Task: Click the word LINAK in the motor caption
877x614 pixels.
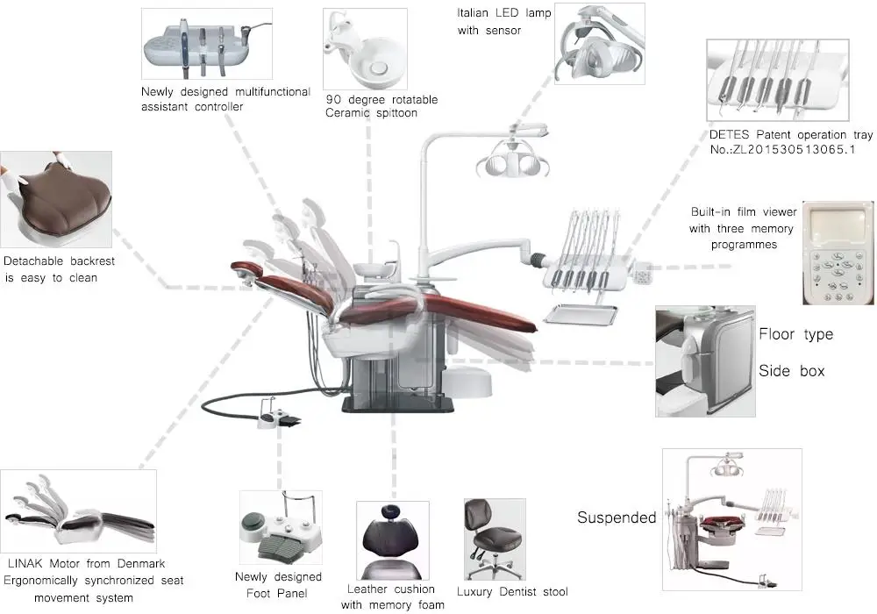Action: tap(27, 563)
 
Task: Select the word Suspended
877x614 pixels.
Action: tap(616, 518)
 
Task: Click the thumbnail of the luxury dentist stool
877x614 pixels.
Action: tap(494, 539)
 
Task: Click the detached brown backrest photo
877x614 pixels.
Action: tap(55, 199)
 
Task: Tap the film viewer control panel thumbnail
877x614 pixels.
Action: tap(839, 253)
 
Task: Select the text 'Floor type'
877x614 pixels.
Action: tap(795, 334)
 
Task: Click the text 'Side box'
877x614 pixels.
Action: tap(791, 371)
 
